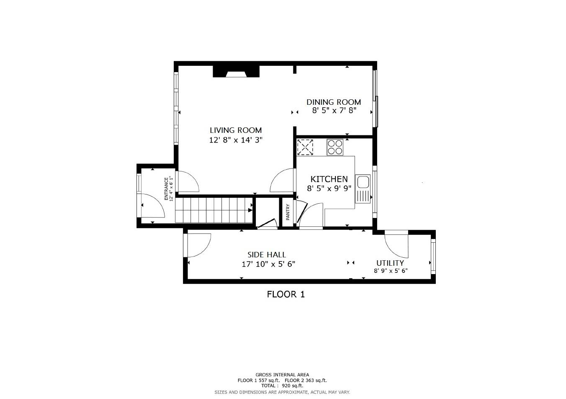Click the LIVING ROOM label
point(236,130)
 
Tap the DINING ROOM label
point(334,102)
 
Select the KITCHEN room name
point(329,179)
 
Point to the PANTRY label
point(288,212)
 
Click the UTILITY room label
point(390,263)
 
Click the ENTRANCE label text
point(166,189)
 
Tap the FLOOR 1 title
point(286,294)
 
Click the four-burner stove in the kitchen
point(335,147)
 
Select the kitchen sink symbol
point(363,189)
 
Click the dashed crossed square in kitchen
point(305,147)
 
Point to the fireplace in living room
point(236,72)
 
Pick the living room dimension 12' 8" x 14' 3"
point(236,140)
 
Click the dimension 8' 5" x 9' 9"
point(329,189)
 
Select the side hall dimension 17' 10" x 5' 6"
point(268,264)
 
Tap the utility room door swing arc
point(398,245)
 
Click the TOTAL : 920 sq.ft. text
point(282,386)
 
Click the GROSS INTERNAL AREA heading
point(282,375)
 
